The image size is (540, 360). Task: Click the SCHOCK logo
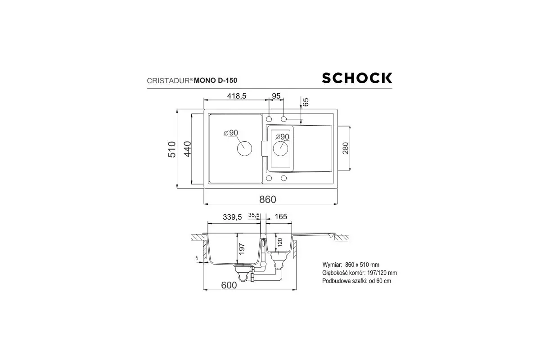coord(357,78)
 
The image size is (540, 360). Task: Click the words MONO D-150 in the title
coord(215,80)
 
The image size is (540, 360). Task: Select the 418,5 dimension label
coord(237,96)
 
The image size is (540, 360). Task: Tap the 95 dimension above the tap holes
coord(276,96)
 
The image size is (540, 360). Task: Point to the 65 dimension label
coord(306,102)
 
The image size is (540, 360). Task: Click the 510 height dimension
coord(172,149)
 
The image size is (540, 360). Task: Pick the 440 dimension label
coord(187,149)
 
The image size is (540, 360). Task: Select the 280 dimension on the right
coord(345,148)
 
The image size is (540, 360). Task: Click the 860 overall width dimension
coord(268,199)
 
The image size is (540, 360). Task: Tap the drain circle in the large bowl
coord(244,148)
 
